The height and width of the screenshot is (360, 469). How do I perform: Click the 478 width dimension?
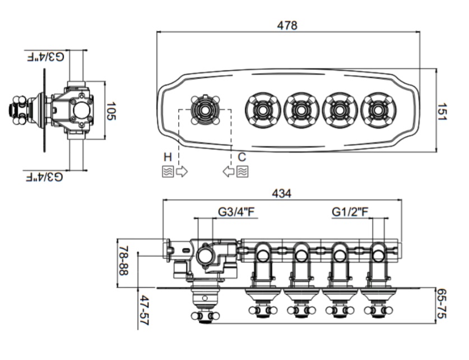click(287, 25)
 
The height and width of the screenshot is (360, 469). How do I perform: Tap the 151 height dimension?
click(442, 112)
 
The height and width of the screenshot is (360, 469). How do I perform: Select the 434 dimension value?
click(281, 193)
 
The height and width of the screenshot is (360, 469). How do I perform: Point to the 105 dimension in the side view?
click(111, 110)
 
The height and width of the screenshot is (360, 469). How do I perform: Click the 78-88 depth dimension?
click(123, 261)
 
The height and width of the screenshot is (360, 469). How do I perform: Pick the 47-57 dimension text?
click(145, 310)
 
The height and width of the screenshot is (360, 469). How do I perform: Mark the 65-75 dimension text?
click(442, 303)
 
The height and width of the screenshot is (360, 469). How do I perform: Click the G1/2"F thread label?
click(350, 212)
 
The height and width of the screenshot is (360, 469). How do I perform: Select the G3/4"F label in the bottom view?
click(236, 212)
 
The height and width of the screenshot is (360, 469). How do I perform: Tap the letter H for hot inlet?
click(168, 157)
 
